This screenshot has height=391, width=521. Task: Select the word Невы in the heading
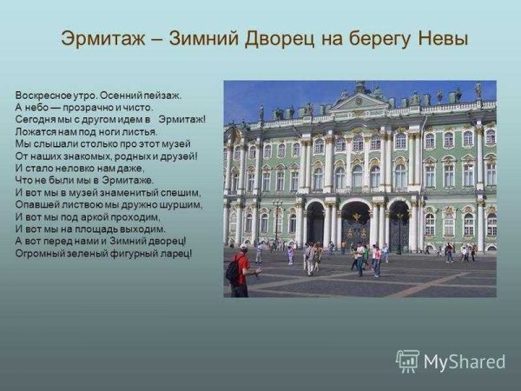coord(439,39)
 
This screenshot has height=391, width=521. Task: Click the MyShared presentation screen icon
coord(407,361)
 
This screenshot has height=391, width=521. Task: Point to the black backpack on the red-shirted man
coord(232,270)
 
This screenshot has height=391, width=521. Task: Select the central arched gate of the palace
coord(355,223)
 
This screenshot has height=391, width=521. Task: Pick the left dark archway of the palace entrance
coord(315,225)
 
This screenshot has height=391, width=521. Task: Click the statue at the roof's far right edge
coord(478,89)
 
